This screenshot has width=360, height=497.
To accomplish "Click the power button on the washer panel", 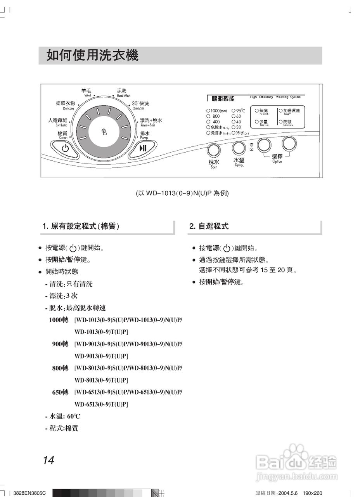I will pyautogui.click(x=65, y=148).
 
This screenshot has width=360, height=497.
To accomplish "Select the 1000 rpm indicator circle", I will pyautogui.click(x=208, y=111).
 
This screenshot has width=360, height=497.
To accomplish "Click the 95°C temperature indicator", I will pyautogui.click(x=233, y=111).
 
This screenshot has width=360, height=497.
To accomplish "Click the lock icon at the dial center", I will pyautogui.click(x=104, y=131).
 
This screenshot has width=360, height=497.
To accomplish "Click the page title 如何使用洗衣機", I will pyautogui.click(x=92, y=56).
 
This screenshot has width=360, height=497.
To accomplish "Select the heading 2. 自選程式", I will pyautogui.click(x=209, y=226).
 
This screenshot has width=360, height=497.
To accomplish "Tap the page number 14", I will pyautogui.click(x=48, y=461).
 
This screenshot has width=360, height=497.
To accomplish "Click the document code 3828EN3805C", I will pyautogui.click(x=29, y=493).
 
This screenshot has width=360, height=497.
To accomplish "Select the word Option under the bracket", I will pyautogui.click(x=277, y=162).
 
